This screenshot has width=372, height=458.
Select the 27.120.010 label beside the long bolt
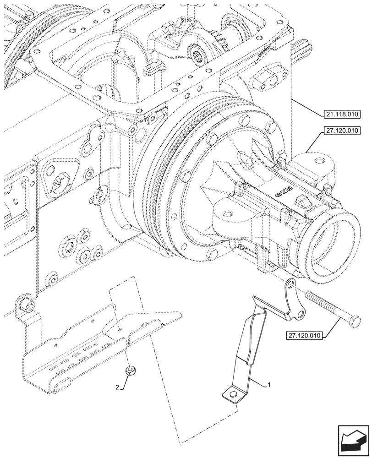click(306, 336)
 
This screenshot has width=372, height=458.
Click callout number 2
click(118, 387)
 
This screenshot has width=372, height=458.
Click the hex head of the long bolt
click(353, 322)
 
